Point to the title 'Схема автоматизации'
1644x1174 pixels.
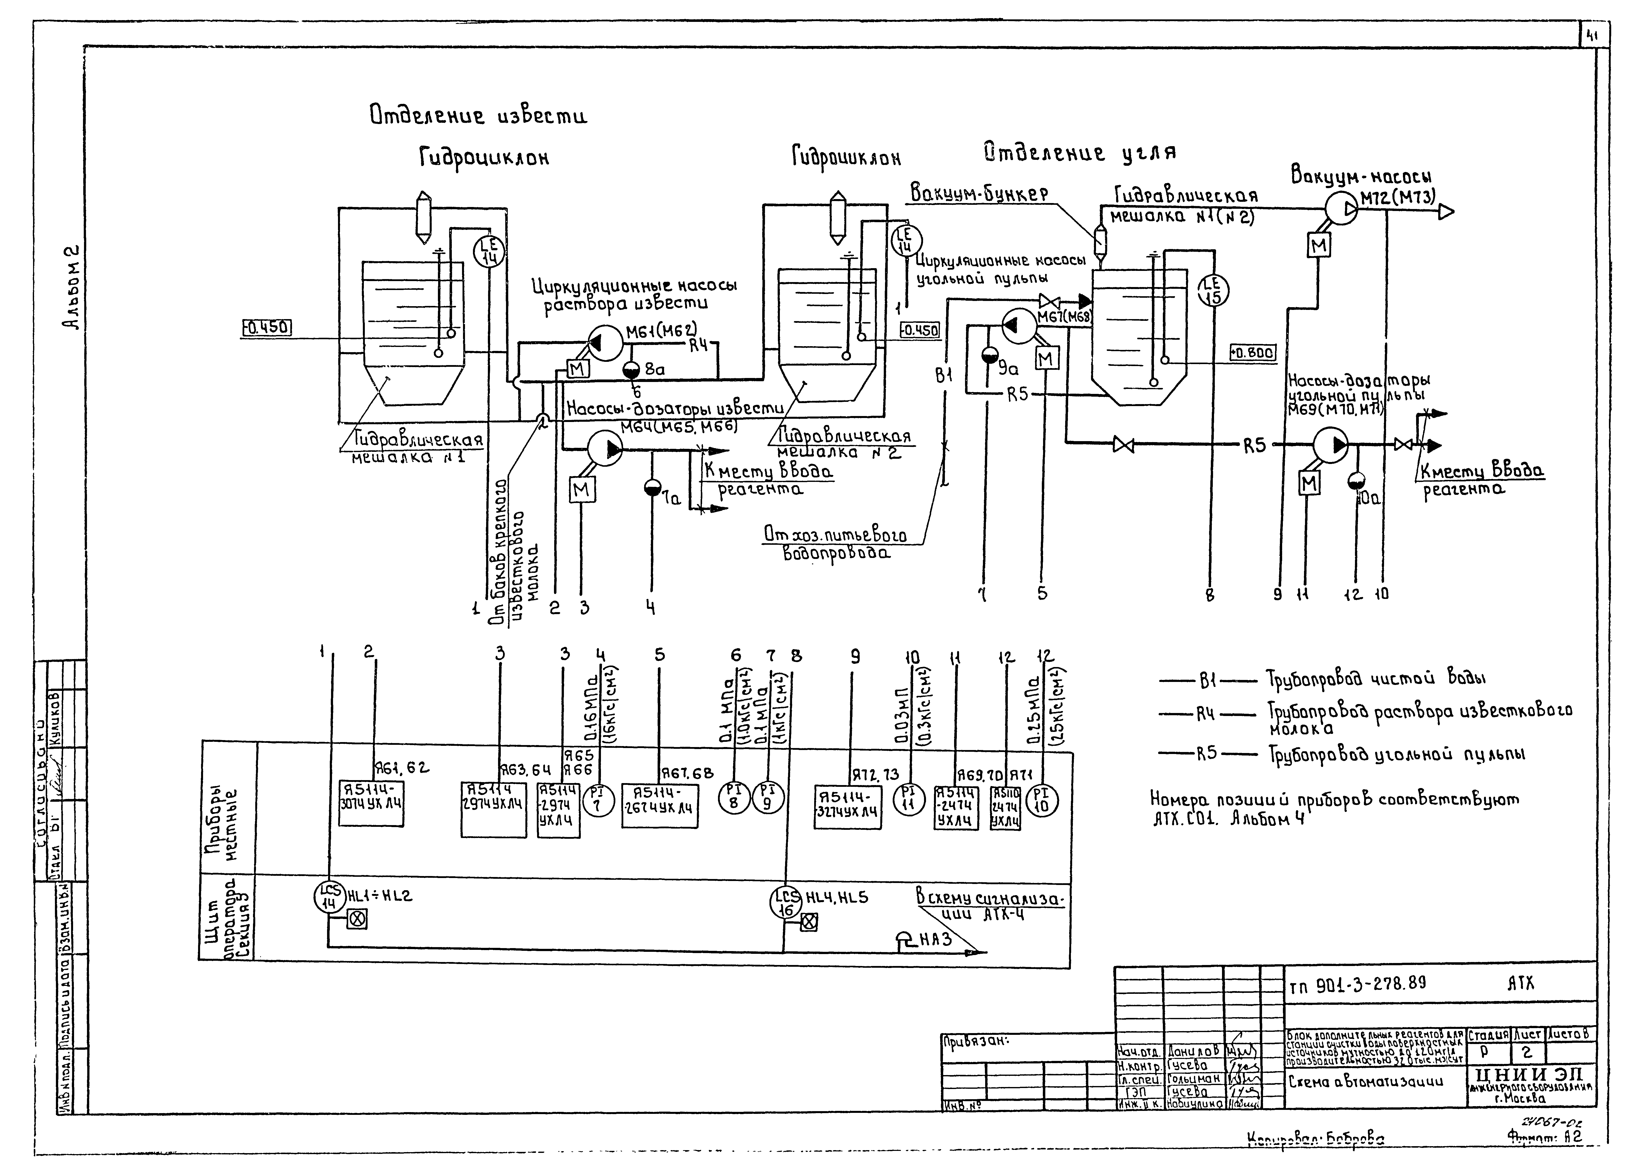[x=1365, y=1082]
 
